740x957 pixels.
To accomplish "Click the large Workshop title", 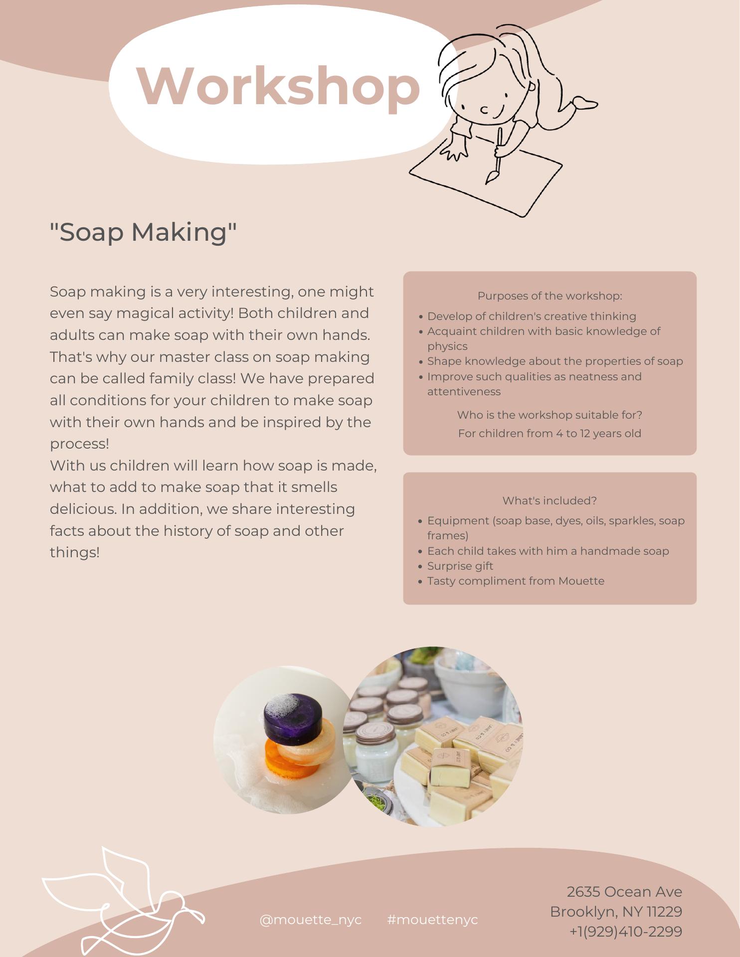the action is (278, 86).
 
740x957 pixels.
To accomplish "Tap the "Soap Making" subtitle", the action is (143, 232).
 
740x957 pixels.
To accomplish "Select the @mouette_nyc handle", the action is (311, 920).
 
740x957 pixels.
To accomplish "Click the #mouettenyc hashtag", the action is (432, 920).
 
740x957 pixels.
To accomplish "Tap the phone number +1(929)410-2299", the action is (626, 931).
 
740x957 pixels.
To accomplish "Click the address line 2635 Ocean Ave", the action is (624, 891).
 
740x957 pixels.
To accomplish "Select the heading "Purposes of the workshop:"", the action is (550, 296).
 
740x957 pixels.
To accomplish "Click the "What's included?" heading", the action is (550, 500).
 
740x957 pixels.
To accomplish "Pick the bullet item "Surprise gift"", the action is (460, 566).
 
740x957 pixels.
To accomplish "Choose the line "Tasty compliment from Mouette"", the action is (516, 581).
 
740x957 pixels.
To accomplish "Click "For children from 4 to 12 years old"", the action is (550, 433).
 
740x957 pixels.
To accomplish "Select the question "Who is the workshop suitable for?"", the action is (550, 415).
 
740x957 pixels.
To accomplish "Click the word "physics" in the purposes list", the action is (447, 346).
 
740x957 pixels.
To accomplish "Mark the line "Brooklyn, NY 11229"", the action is (616, 911).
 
